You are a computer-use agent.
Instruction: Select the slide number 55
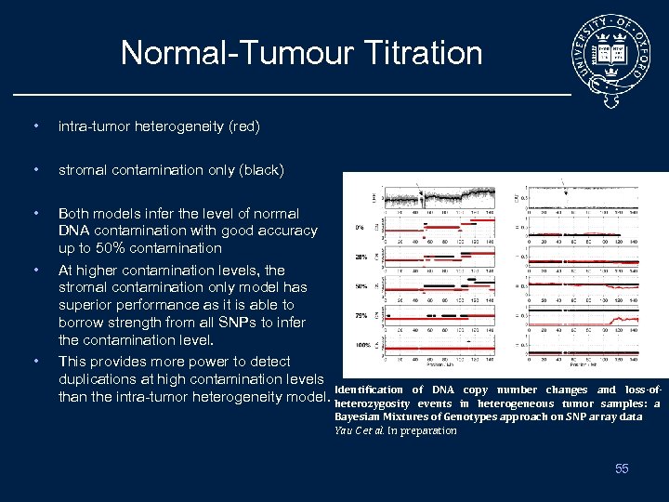coord(622,469)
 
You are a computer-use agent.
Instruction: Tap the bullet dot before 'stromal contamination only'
coord(34,170)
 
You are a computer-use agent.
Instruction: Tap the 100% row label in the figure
coord(360,345)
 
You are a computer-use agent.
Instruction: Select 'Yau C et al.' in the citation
coord(359,430)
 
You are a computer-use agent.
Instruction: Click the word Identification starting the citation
coord(369,390)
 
